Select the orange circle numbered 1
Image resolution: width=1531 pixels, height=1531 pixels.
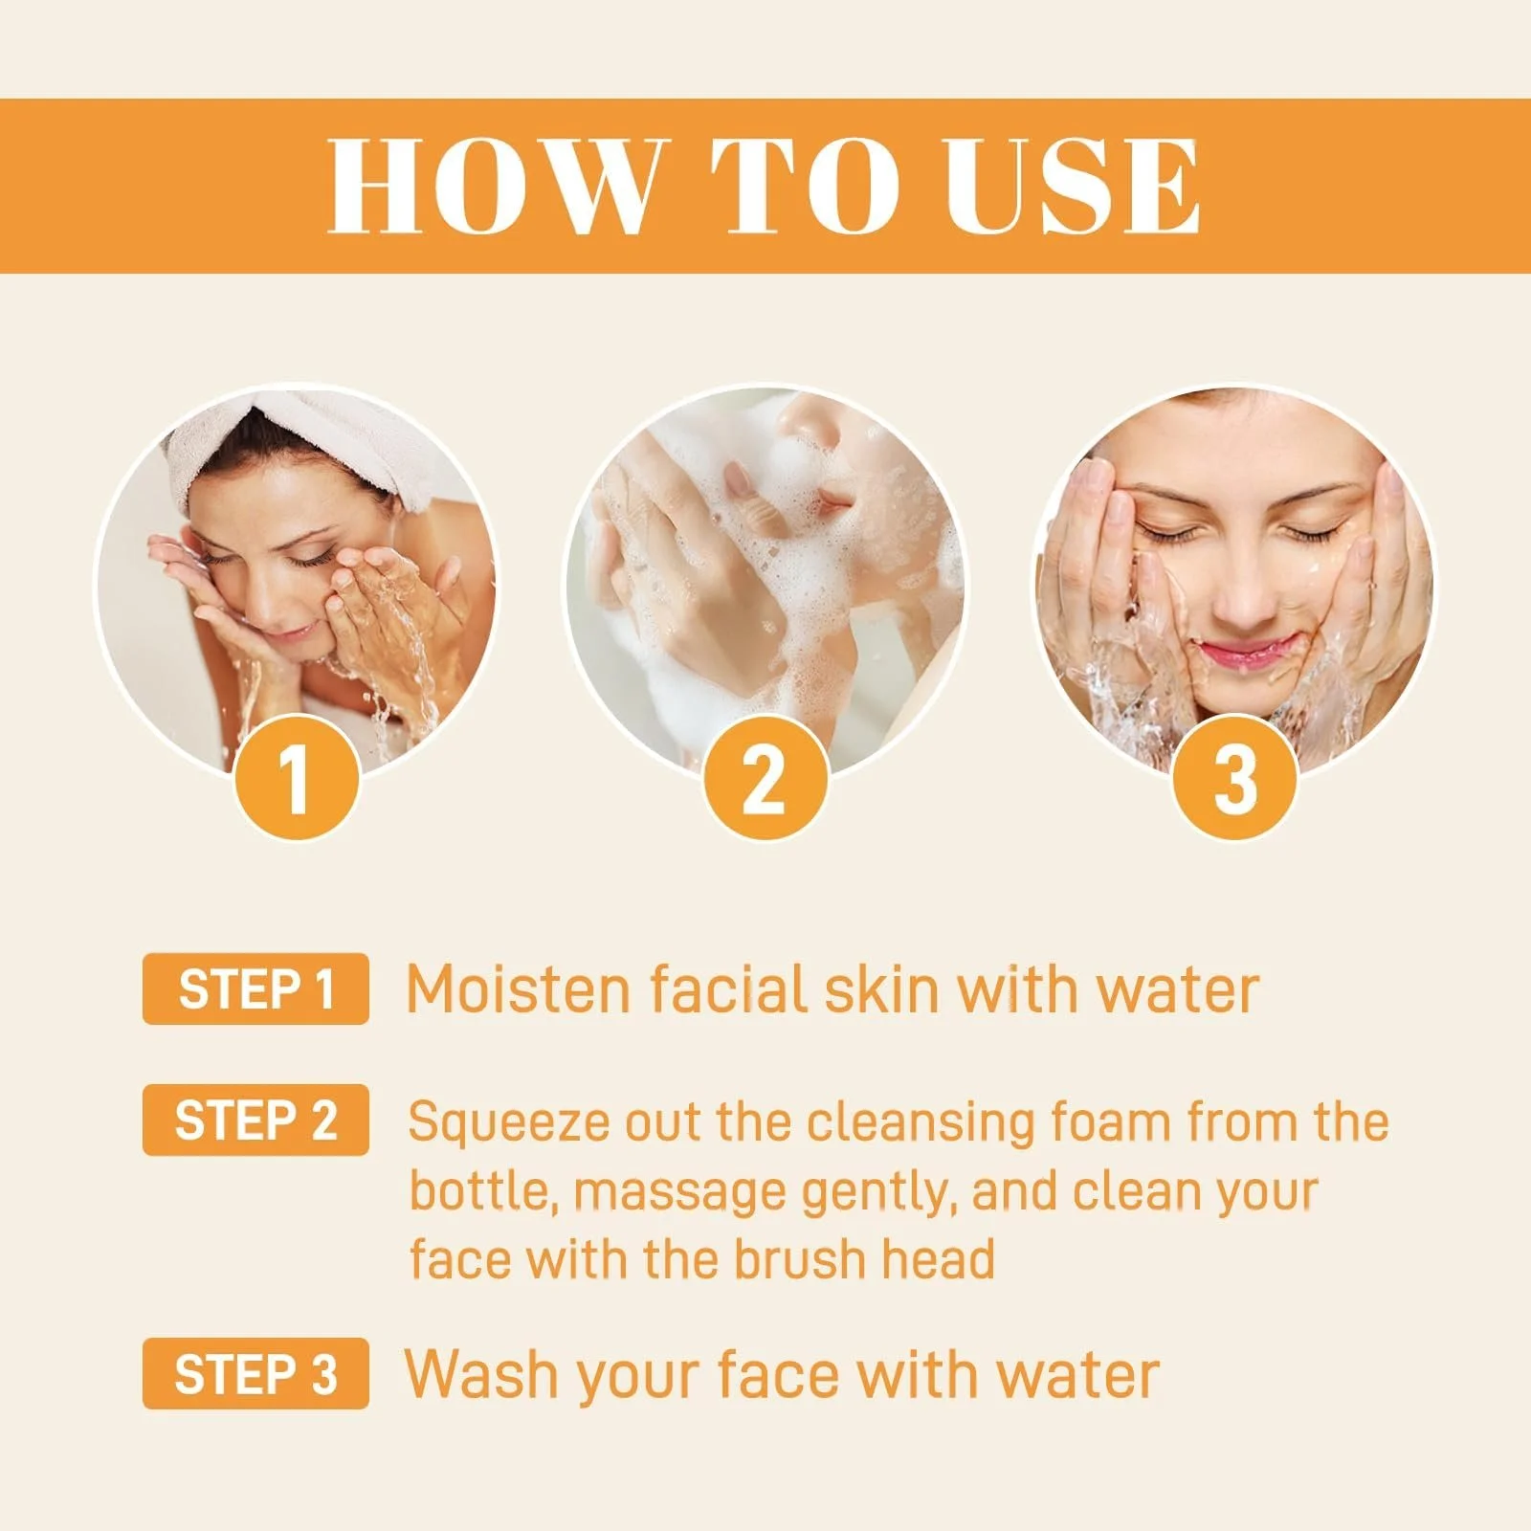[x=297, y=778]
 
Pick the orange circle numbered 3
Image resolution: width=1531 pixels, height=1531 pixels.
[x=1234, y=778]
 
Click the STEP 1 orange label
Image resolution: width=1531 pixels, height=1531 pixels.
[x=255, y=988]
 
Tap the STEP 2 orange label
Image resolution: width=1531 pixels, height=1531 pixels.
[x=255, y=1120]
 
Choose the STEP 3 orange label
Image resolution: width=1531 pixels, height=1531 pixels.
[x=255, y=1373]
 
